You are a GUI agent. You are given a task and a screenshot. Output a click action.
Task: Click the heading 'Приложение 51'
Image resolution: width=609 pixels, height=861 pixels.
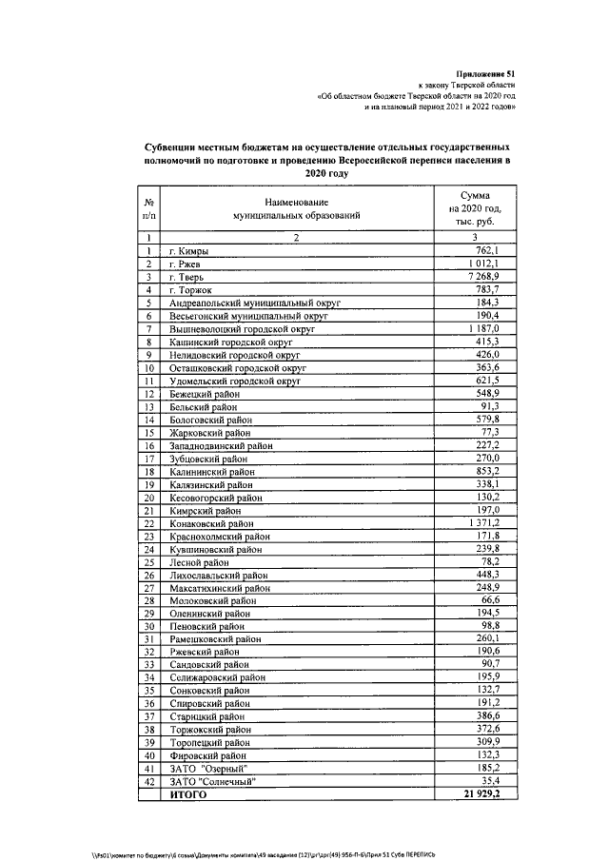(488, 73)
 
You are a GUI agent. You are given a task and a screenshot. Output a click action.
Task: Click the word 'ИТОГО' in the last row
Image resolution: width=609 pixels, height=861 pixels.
(187, 794)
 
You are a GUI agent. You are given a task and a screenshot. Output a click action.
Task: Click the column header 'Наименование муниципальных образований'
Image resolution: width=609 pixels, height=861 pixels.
(298, 210)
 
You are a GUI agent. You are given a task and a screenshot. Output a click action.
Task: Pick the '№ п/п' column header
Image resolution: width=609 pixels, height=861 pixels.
(149, 210)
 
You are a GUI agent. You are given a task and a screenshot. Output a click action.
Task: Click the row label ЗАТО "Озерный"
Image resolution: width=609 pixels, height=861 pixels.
(208, 768)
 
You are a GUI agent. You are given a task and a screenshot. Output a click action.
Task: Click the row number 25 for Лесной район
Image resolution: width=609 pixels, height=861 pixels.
(149, 562)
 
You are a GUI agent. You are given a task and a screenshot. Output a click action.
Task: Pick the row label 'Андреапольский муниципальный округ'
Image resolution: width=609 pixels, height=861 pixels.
(254, 302)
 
